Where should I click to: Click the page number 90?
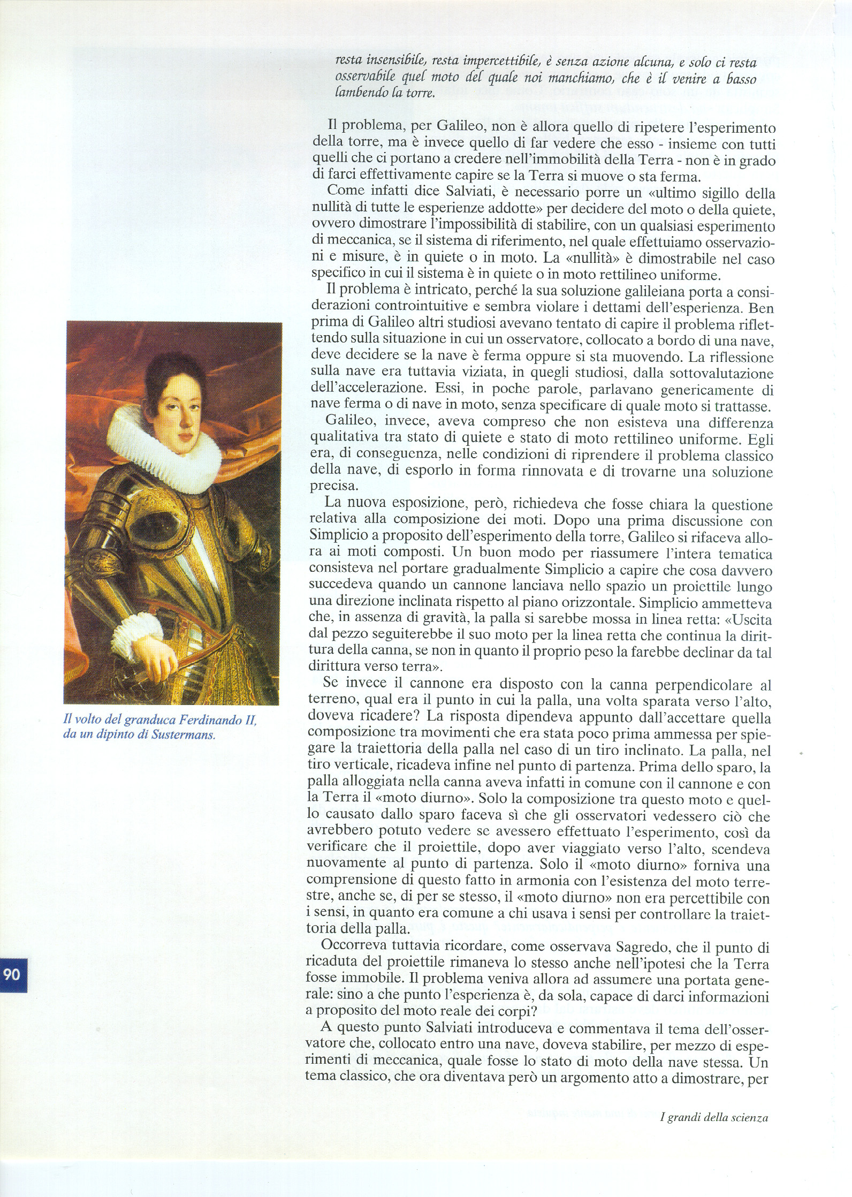coord(12,974)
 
